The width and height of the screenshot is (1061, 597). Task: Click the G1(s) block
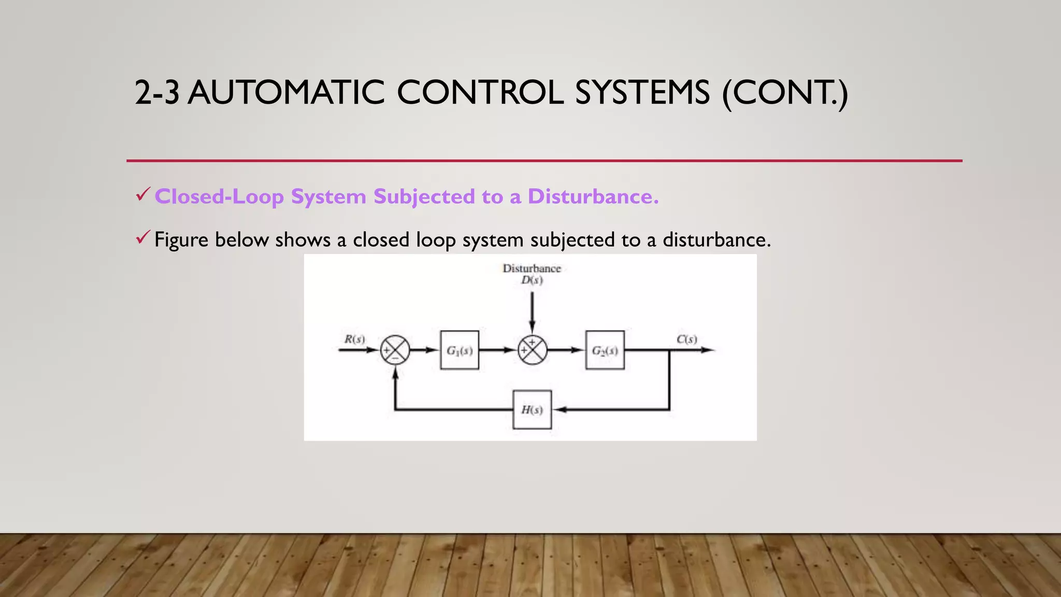[460, 350]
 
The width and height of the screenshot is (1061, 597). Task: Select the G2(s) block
[605, 350]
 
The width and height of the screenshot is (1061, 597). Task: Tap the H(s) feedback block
[532, 410]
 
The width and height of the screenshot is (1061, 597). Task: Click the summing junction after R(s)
[395, 350]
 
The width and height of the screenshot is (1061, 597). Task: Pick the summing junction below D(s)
[532, 350]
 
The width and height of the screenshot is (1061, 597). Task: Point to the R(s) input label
[355, 339]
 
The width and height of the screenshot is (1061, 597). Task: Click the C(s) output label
[687, 339]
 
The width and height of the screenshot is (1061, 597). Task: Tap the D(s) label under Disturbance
[532, 280]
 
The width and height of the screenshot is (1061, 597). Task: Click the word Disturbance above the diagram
[532, 268]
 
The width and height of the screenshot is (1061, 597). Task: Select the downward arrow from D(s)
[532, 311]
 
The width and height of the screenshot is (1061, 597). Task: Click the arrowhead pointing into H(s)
[560, 410]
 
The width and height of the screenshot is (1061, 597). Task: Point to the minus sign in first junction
[396, 358]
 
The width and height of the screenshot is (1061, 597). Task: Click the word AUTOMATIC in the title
[286, 93]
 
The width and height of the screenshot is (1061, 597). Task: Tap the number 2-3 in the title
[157, 93]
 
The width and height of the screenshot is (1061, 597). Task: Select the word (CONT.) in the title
[785, 93]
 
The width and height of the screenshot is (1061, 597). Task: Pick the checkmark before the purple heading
[142, 195]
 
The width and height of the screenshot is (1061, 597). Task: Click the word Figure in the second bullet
[181, 240]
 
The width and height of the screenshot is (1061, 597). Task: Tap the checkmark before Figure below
[142, 238]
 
